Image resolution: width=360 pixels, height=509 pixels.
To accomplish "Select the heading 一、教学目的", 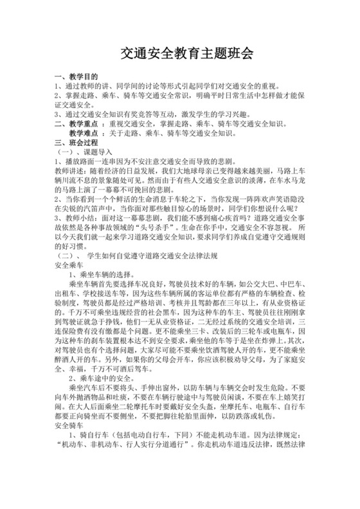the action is (77, 76).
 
